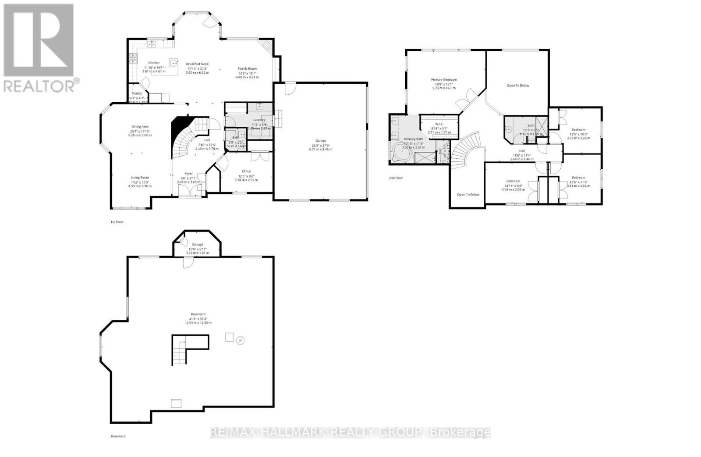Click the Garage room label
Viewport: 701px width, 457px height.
tap(321, 141)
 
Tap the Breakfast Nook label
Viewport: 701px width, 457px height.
tap(198, 64)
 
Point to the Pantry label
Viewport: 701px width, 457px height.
tap(137, 93)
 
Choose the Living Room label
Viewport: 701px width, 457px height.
tap(140, 178)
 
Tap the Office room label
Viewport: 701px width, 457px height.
tap(246, 171)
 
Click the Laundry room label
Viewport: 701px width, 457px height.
tap(259, 120)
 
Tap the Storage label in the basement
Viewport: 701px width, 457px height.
tap(198, 245)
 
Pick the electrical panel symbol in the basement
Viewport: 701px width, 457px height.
tap(240, 340)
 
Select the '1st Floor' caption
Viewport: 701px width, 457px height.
tap(117, 222)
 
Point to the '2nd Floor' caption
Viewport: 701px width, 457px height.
tap(396, 178)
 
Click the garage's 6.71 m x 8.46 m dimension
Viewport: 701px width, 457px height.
tap(321, 149)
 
